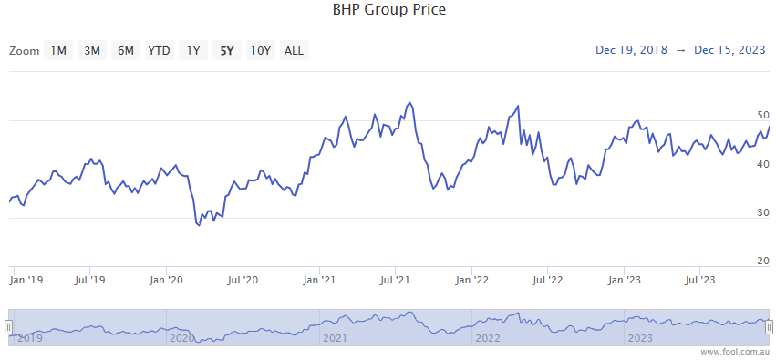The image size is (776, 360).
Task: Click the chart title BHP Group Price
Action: [388, 11]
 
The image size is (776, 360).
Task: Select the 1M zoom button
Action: [58, 51]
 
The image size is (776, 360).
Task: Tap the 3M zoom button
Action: [92, 51]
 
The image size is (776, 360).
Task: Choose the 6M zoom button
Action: [126, 51]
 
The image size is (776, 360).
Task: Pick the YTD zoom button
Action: [159, 51]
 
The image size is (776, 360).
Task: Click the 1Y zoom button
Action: [193, 51]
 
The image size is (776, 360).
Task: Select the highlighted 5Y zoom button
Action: [225, 51]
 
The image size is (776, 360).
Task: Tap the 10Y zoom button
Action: [260, 51]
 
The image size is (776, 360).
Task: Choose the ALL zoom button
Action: [294, 51]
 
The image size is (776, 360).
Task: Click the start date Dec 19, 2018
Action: [631, 50]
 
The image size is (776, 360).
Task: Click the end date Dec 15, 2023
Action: [729, 50]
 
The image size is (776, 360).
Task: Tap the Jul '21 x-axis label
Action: [394, 281]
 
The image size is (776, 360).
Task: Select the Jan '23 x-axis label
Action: [623, 281]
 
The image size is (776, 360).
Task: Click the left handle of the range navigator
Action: [9, 327]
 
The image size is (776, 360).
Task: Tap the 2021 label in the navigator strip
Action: [335, 338]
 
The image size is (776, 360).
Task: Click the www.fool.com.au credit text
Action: [736, 352]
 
